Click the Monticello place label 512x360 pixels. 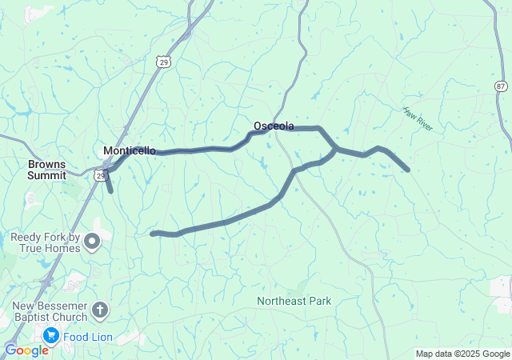click(130, 150)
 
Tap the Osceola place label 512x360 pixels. click(274, 126)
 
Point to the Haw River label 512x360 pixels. click(418, 121)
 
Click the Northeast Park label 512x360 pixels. click(294, 301)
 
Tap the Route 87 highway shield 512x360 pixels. click(501, 86)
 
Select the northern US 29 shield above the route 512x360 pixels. click(163, 62)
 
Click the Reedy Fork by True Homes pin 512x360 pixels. click(93, 241)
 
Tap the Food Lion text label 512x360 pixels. click(89, 337)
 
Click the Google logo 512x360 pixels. click(26, 350)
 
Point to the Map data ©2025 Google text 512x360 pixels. click(462, 354)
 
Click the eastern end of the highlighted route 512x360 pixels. click(408, 170)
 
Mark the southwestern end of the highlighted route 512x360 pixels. click(152, 234)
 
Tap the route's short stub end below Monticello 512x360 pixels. click(110, 190)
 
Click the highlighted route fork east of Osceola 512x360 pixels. click(335, 149)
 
